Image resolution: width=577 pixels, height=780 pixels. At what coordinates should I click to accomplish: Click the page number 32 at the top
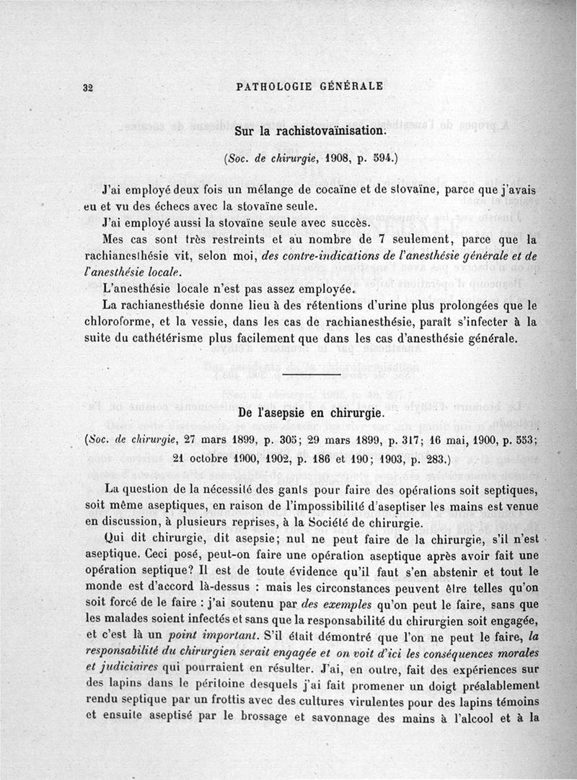[89, 87]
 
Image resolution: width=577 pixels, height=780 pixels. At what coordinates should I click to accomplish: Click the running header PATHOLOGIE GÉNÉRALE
[309, 87]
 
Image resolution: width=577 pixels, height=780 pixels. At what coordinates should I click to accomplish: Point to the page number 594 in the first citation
[375, 159]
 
